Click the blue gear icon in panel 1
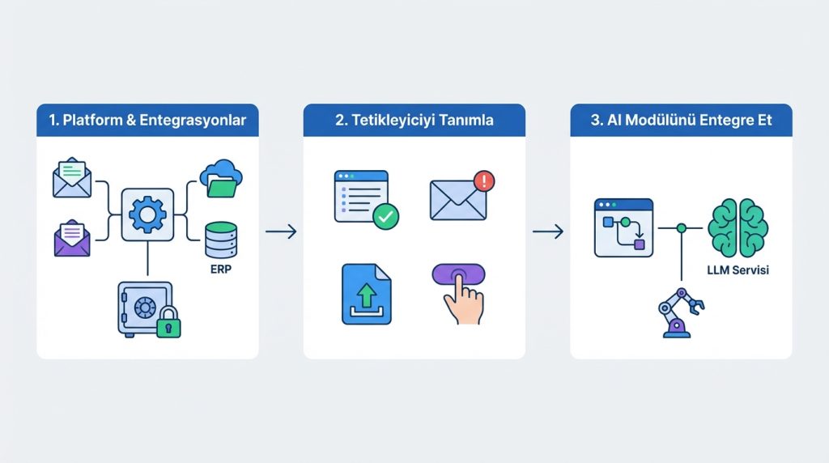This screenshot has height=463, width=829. coord(147,215)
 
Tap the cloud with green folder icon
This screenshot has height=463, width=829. coord(221,179)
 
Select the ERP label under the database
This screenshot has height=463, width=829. coord(221,269)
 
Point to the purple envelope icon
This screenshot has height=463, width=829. coord(72,238)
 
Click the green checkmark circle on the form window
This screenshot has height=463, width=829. coord(386,216)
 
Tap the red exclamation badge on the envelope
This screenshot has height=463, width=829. coord(484,181)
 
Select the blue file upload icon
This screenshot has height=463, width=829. coord(367,294)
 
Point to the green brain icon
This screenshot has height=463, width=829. coord(738,227)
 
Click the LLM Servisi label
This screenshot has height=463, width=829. coord(738,270)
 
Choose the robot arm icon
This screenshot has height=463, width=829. coord(680,313)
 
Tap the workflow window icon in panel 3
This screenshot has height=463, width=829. coord(624,227)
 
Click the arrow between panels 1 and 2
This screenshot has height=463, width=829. coord(281,231)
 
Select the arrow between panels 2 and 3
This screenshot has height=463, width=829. coord(548,231)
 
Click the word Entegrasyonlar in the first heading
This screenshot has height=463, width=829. coord(193,121)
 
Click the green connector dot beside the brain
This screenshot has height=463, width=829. coord(682,228)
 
